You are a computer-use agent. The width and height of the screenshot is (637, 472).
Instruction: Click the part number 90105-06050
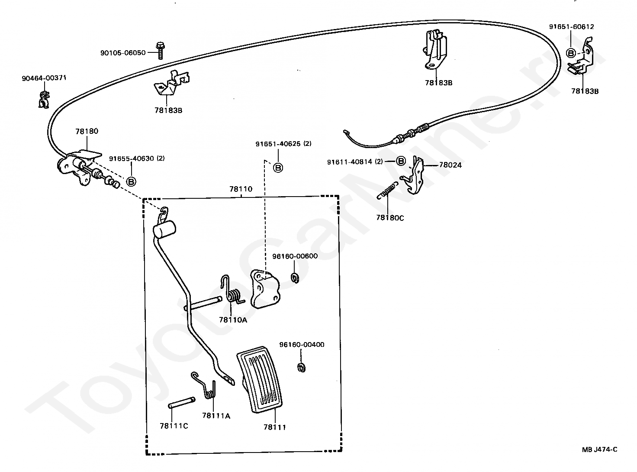[123, 53]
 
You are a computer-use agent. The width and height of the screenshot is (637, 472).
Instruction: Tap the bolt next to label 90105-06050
[160, 51]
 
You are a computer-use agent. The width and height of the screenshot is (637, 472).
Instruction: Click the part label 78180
[87, 131]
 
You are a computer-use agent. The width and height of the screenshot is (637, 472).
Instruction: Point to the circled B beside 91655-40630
[131, 181]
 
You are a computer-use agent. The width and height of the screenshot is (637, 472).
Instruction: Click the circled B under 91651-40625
[278, 168]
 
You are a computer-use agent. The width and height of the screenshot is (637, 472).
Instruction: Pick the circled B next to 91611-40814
[401, 161]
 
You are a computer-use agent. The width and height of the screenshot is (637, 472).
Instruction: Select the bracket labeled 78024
[414, 175]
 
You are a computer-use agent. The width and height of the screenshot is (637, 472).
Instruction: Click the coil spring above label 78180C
[387, 190]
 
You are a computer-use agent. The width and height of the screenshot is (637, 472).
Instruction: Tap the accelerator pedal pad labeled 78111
[259, 379]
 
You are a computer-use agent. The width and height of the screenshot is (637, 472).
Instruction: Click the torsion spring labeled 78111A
[206, 385]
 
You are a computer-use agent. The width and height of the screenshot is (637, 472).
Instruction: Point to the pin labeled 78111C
[181, 403]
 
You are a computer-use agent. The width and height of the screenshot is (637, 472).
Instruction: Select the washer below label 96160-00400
[301, 367]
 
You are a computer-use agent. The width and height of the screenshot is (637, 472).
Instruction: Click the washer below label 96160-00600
[295, 278]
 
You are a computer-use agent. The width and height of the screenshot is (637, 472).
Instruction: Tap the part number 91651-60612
[572, 27]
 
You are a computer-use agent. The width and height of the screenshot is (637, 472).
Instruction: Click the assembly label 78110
[241, 189]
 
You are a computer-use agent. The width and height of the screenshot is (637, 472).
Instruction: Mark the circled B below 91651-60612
[571, 53]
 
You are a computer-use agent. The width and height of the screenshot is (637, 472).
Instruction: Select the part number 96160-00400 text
[302, 345]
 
